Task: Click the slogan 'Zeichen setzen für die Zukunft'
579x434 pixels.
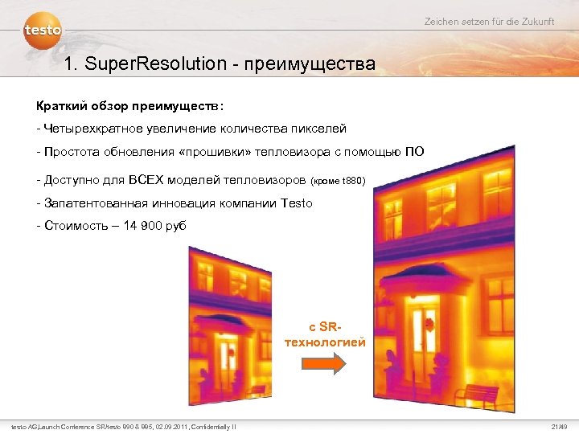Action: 489,22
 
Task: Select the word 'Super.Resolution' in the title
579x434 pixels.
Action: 154,63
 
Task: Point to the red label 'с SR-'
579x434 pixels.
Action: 325,327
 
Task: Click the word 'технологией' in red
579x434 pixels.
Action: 325,342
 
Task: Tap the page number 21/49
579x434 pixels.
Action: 560,426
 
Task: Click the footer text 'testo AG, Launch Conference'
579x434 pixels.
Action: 60,426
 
